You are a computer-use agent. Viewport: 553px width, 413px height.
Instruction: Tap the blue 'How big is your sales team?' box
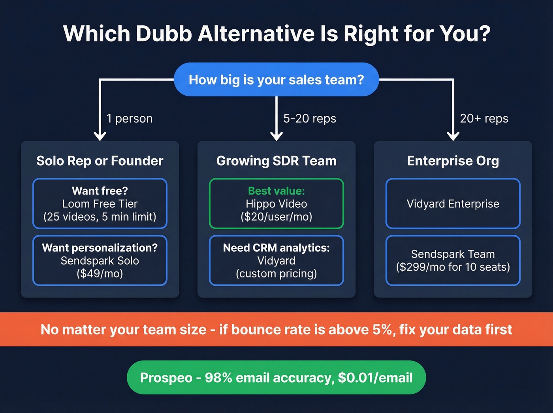tap(276, 79)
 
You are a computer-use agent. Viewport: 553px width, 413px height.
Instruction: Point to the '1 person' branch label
tap(130, 119)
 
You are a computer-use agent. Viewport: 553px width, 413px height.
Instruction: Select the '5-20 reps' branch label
tap(310, 119)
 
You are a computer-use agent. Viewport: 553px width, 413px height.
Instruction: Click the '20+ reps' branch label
tap(484, 119)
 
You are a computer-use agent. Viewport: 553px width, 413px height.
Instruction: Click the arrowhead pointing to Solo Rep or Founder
tap(100, 136)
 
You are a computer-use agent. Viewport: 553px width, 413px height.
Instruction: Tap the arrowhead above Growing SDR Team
tap(276, 136)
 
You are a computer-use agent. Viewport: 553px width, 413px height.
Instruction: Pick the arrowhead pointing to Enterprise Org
tap(453, 136)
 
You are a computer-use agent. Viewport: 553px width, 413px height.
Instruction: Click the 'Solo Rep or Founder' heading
tap(100, 161)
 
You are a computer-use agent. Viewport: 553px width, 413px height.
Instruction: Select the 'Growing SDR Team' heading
tap(276, 161)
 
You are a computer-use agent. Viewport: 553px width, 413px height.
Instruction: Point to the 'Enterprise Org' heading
tap(453, 161)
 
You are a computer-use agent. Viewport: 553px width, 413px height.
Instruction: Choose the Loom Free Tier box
tap(100, 204)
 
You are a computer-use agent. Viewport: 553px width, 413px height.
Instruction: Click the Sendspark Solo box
tap(100, 260)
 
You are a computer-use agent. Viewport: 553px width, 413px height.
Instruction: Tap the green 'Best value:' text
tap(276, 191)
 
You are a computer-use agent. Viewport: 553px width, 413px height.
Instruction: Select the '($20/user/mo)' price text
tap(276, 217)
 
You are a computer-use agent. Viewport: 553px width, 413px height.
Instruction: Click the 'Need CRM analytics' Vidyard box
tap(276, 260)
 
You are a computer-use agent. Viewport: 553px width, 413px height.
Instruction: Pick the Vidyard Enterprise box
tap(453, 204)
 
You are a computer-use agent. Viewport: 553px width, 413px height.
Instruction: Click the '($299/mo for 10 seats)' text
tap(453, 267)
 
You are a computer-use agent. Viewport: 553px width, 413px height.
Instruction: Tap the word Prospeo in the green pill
tap(166, 378)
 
